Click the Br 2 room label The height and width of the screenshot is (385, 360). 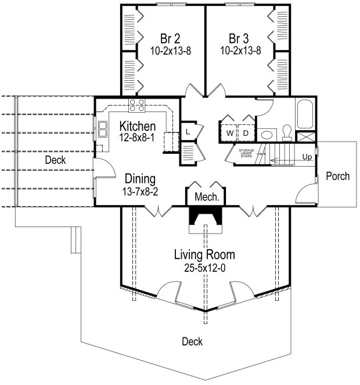coord(164,39)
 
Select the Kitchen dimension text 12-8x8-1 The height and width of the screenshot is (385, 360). coord(138,138)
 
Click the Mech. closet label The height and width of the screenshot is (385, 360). coord(206,197)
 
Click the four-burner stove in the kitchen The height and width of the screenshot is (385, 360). coord(136,105)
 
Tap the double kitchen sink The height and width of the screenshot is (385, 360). coord(102,128)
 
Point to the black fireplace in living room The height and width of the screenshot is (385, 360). coord(206,220)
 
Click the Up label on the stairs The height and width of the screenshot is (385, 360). coord(306,157)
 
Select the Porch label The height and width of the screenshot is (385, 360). coord(337,176)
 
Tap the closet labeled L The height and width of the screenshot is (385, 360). coord(188,132)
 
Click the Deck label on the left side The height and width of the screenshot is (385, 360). coord(55,160)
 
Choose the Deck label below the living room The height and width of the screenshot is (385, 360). coord(192,341)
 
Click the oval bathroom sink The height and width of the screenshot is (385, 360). coord(267,134)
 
